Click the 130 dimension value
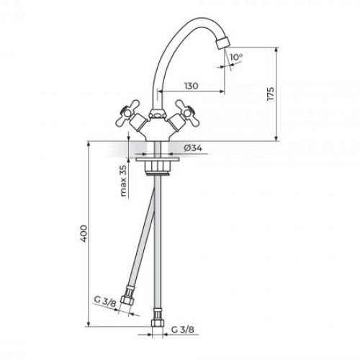point(191,86)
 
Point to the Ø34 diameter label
point(192,148)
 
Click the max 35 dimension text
point(123,181)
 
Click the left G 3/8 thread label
point(106,303)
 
